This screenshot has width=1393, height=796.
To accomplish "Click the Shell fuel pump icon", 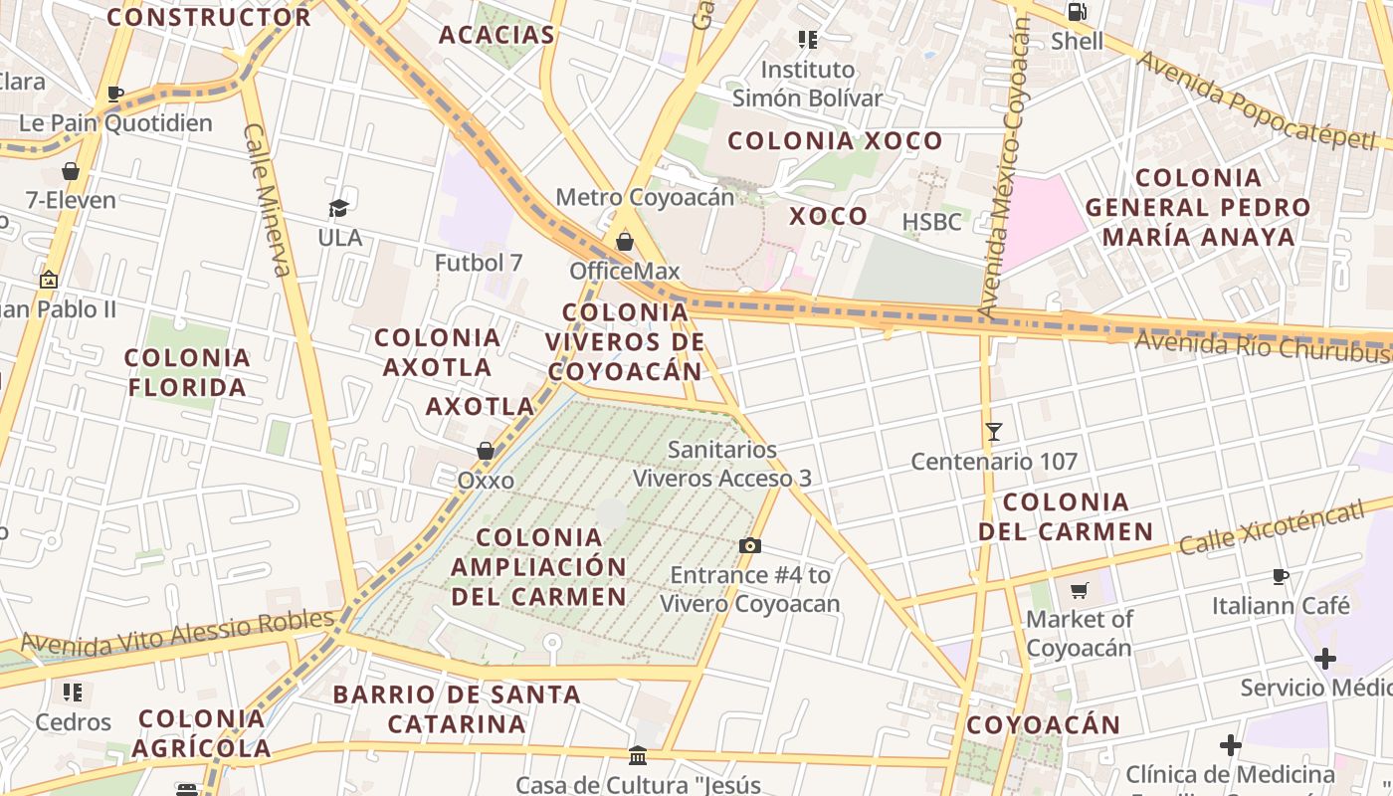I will point(1077,13).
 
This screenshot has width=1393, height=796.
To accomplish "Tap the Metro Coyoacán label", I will point(645,197).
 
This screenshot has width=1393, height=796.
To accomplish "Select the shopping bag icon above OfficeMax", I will point(625,242).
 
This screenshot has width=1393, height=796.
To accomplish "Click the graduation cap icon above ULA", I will point(339,208).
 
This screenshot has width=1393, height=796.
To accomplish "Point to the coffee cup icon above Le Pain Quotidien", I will point(115,95).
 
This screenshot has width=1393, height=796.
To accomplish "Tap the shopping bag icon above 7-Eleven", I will point(71,171).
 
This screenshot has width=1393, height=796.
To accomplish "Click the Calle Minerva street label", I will point(267,200).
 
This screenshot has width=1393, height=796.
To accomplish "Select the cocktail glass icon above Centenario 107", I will point(993,432).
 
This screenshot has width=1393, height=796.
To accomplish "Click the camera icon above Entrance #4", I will point(750,545).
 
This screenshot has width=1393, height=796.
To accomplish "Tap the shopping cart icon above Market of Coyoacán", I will point(1080,591).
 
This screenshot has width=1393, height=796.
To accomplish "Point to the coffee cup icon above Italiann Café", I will point(1281,576).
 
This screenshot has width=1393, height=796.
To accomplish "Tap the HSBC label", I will point(931,221).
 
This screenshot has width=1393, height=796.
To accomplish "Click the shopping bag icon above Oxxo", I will point(486,451).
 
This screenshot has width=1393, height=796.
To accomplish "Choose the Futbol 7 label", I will point(479,263).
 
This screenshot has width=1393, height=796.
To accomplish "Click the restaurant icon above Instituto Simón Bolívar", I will point(807,40).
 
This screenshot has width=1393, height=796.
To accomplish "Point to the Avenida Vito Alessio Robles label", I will point(177,632).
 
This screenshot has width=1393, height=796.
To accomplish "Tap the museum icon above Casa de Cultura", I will point(638,756).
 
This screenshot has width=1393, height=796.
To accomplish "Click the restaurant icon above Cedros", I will point(73,692).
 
